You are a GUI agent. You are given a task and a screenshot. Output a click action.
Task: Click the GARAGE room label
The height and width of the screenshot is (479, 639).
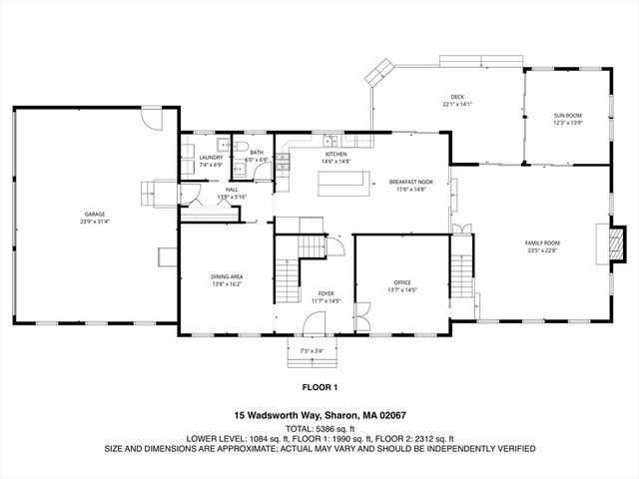[94, 214]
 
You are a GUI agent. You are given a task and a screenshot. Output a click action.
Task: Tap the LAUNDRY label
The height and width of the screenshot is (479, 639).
[211, 157]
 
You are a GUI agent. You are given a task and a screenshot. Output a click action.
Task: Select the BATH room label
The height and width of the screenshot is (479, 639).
[257, 153]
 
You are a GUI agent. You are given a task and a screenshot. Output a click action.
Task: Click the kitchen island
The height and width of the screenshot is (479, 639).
[339, 184]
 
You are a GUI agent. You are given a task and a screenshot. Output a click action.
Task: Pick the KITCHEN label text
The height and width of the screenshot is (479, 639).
[334, 155]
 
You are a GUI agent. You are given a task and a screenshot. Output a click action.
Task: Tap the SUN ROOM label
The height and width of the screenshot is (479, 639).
[567, 116]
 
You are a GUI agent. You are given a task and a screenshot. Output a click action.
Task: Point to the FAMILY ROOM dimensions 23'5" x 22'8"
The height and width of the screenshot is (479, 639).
[543, 250]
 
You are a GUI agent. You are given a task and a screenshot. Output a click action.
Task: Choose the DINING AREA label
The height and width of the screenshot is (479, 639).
[227, 276]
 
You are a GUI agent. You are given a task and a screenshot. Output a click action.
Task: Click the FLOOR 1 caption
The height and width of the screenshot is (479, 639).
[319, 386]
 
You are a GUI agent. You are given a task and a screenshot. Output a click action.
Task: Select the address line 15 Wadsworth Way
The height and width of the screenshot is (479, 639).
[319, 415]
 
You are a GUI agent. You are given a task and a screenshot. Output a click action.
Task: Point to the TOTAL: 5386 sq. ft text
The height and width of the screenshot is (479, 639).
[319, 427]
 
